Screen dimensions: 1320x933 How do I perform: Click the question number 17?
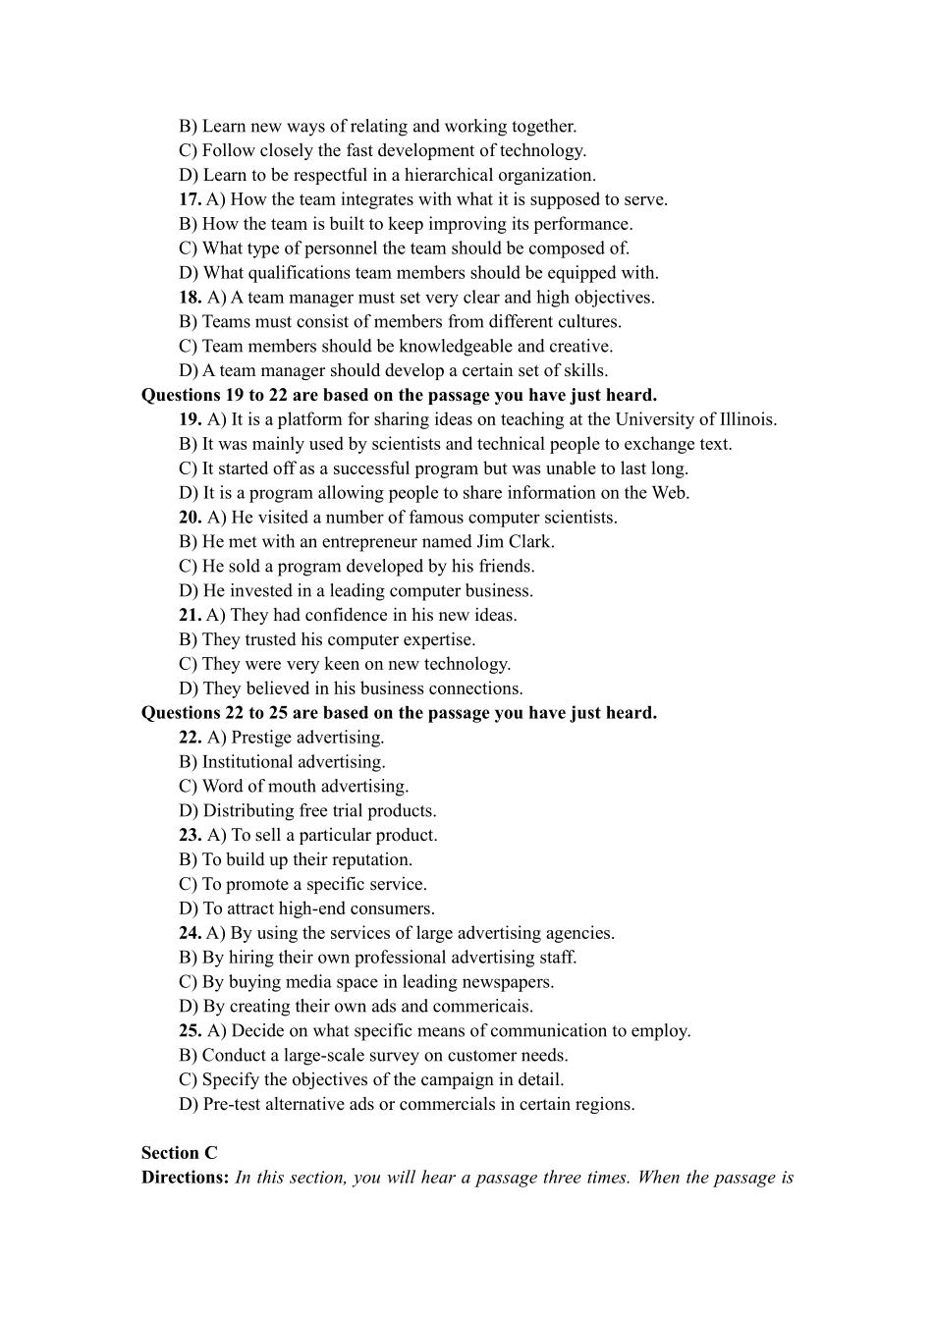pos(190,199)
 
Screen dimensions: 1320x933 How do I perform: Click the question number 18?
pos(191,298)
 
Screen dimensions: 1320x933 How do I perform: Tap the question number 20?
pos(191,518)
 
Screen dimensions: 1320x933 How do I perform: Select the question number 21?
pos(190,616)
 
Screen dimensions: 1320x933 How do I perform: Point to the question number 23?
pos(191,836)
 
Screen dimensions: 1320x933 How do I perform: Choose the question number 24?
pos(190,933)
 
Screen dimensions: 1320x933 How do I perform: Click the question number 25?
pos(191,1031)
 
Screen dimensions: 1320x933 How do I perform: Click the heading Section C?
pos(179,1153)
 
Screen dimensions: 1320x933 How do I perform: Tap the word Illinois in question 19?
pos(745,419)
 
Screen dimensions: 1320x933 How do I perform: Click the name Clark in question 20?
pos(531,542)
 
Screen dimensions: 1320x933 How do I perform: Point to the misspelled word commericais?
pos(489,1007)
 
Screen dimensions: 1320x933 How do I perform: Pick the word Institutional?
pos(251,762)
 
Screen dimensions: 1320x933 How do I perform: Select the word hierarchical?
pos(442,176)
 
